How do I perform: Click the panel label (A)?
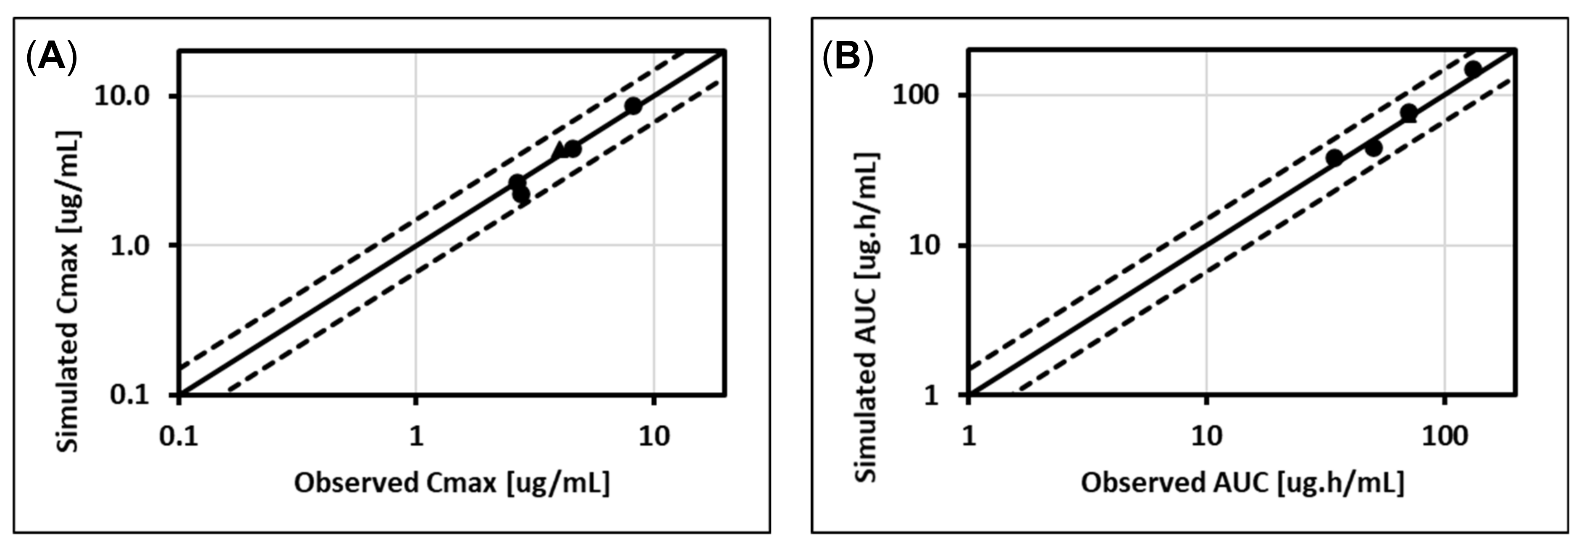pyautogui.click(x=52, y=58)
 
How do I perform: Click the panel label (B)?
pyautogui.click(x=848, y=58)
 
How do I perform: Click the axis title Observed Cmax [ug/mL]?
pyautogui.click(x=452, y=483)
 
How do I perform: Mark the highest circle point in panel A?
pyautogui.click(x=633, y=105)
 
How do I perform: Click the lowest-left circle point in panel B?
pyautogui.click(x=1334, y=157)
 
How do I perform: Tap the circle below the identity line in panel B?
pyautogui.click(x=1374, y=148)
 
